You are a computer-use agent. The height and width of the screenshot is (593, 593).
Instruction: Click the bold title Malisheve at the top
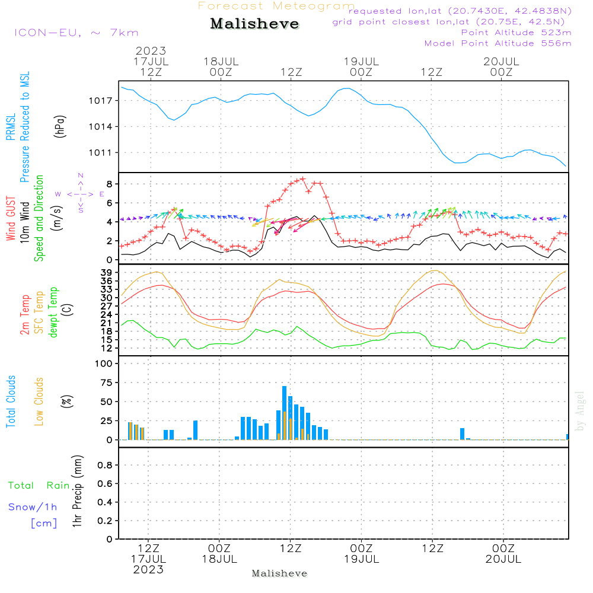(255, 24)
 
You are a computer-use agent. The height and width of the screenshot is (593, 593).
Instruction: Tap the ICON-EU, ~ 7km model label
(76, 33)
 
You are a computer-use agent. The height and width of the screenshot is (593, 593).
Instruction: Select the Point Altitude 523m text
(516, 33)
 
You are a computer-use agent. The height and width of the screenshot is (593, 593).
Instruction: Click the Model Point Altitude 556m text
(498, 43)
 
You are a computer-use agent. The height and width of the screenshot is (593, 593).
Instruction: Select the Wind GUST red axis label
(11, 219)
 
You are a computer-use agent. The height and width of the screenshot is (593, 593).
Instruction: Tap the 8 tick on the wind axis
(109, 184)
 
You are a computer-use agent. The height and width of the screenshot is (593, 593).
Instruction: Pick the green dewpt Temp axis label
(53, 313)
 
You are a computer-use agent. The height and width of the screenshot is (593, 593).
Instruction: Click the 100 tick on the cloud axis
(103, 363)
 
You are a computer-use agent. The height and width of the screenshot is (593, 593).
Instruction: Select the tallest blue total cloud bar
(284, 413)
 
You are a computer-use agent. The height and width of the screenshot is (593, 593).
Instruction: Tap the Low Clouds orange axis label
(39, 401)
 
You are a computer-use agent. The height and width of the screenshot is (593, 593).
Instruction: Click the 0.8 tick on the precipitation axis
(104, 465)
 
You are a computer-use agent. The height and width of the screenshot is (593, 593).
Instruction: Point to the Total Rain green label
(39, 486)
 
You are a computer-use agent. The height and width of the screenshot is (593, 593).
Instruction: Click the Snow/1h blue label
(33, 507)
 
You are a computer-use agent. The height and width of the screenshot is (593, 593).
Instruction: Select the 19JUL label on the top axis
(361, 61)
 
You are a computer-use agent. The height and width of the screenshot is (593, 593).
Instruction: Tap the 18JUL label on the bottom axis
(219, 559)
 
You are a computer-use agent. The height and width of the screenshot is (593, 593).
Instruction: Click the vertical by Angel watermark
(580, 411)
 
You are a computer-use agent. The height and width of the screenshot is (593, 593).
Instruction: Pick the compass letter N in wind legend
(81, 176)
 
